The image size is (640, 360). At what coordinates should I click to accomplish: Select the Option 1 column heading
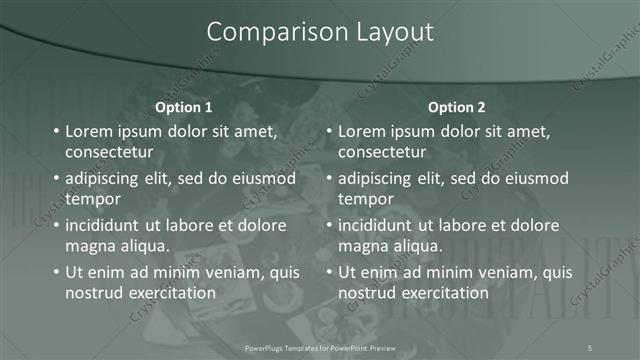[x=184, y=107]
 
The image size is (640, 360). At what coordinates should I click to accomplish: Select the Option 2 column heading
[x=457, y=107]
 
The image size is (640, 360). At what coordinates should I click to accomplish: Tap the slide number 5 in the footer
[x=590, y=347]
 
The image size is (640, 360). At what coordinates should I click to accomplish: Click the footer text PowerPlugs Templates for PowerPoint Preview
[x=320, y=347]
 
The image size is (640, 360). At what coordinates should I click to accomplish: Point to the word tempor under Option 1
[x=92, y=198]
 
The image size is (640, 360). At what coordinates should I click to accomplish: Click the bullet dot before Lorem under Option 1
[x=55, y=132]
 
